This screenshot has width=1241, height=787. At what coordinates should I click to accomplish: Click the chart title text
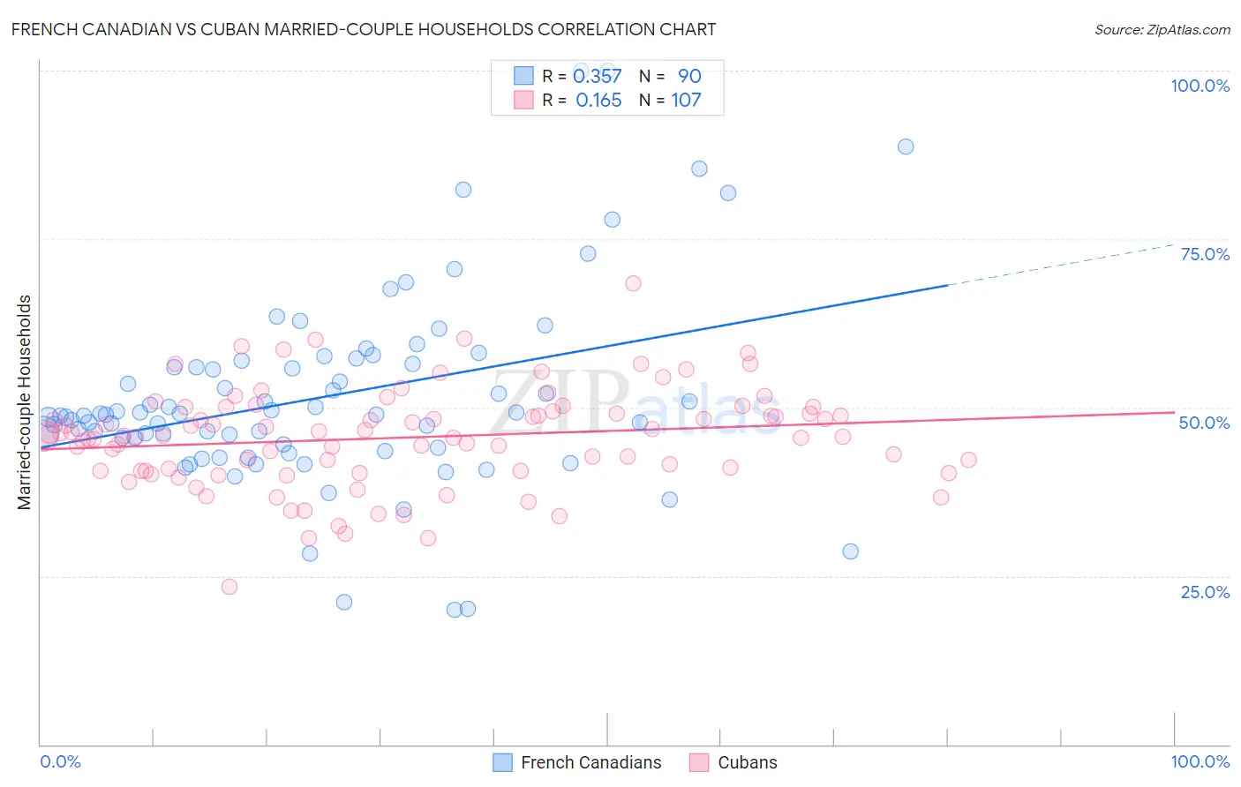363,29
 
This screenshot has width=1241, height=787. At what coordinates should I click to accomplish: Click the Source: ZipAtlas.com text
1162,29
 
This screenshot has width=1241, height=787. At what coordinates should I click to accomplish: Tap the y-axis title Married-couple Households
25,401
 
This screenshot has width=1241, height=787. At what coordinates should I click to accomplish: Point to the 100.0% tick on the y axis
1200,86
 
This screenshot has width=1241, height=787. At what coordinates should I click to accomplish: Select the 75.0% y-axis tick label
1205,254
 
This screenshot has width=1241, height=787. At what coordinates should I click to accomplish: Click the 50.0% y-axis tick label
1204,423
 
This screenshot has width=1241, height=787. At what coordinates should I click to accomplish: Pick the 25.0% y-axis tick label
1205,592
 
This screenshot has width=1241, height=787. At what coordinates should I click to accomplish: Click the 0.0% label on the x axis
60,761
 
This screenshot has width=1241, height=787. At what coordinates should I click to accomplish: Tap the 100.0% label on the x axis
1200,761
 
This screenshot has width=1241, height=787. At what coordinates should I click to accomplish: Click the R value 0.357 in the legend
598,77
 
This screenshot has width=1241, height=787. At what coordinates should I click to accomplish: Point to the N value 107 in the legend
686,101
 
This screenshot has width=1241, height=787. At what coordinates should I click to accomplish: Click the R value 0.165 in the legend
598,101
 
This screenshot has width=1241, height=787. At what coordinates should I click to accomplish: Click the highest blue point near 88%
906,146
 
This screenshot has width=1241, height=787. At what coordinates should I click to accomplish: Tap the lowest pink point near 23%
229,587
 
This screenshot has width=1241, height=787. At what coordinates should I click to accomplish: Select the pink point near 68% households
633,283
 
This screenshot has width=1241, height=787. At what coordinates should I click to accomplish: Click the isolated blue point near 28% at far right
850,551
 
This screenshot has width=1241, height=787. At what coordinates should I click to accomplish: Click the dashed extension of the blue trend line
1059,265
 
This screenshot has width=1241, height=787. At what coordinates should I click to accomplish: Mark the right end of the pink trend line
1173,412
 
